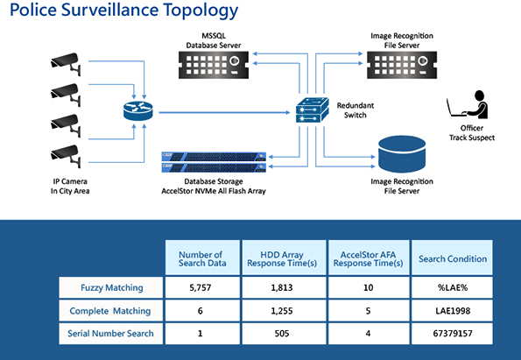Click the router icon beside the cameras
pyautogui.click(x=137, y=111)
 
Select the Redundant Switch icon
pyautogui.click(x=313, y=110)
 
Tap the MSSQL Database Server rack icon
pyautogui.click(x=214, y=65)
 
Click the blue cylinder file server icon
pyautogui.click(x=402, y=154)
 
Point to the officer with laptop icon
pyautogui.click(x=468, y=105)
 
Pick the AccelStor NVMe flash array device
pyautogui.click(x=214, y=162)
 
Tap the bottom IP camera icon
pyautogui.click(x=66, y=156)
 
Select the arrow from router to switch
pyautogui.click(x=224, y=113)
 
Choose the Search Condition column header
pyautogui.click(x=452, y=258)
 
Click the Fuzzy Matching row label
pyautogui.click(x=111, y=287)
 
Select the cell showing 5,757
pyautogui.click(x=201, y=287)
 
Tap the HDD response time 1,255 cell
pyautogui.click(x=282, y=311)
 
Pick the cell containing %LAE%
pyautogui.click(x=452, y=287)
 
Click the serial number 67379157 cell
pyautogui.click(x=452, y=334)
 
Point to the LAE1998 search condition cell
pyautogui.click(x=452, y=311)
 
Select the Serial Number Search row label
pyautogui.click(x=110, y=334)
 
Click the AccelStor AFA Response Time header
pyautogui.click(x=368, y=258)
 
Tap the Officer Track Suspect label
pyautogui.click(x=472, y=132)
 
